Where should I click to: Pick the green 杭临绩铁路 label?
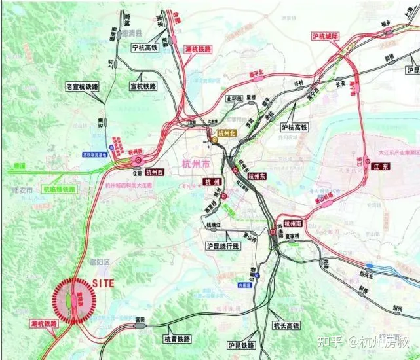(x=59, y=189)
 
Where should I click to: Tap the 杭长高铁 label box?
(x=286, y=325)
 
